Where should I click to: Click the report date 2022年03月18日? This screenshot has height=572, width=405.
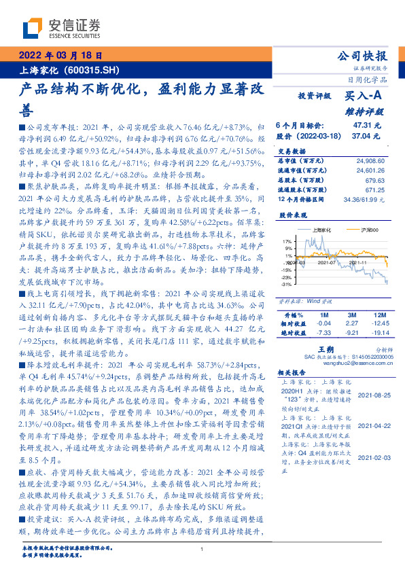(x=59, y=56)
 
